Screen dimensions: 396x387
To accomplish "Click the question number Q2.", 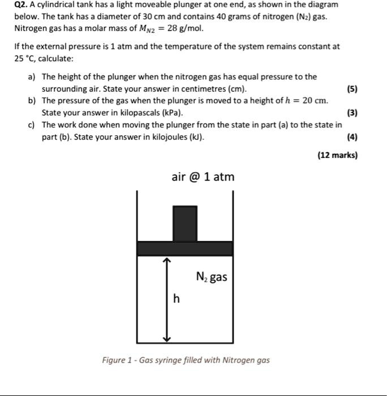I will [x=21, y=5].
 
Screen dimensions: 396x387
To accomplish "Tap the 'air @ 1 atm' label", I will [x=203, y=177].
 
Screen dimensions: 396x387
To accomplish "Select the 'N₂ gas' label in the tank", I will [x=212, y=277].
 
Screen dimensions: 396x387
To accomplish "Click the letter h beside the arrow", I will [x=177, y=299].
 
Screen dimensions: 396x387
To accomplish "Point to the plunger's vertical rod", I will [x=184, y=223].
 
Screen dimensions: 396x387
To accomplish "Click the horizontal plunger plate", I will [x=184, y=248].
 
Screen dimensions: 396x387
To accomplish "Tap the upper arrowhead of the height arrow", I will [x=166, y=260].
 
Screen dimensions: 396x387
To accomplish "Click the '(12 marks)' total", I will [x=337, y=155].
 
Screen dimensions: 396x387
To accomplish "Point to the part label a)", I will [x=32, y=77].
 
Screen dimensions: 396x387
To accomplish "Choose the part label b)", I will [x=32, y=101].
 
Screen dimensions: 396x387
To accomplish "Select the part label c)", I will [x=32, y=124].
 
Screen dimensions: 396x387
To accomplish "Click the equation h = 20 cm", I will [x=306, y=101].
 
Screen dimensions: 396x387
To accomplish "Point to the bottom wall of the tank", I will [x=184, y=343].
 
